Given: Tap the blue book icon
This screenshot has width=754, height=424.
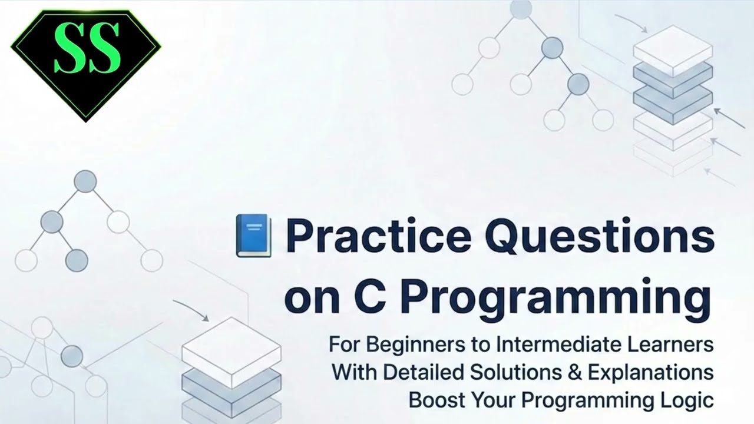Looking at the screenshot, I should pos(254,236).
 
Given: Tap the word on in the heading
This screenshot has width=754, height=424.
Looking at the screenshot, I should pos(308,300).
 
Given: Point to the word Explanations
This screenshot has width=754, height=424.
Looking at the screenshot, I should pos(647,372).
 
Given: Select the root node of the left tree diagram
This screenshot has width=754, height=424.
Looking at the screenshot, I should pos(85,181).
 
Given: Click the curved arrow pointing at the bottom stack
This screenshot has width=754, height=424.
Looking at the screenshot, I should pos(191,310).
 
